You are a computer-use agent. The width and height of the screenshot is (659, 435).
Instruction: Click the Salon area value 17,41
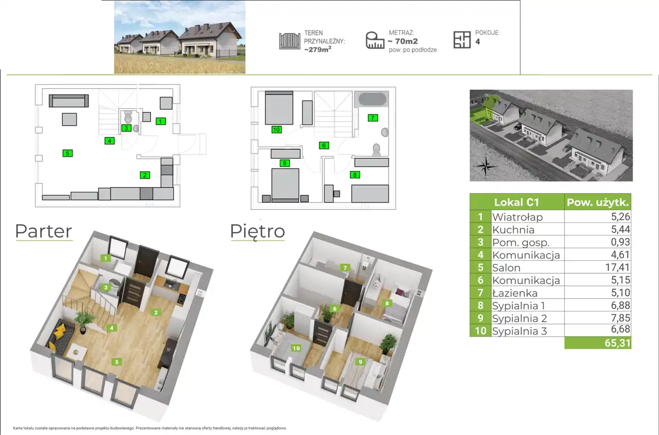click(617, 267)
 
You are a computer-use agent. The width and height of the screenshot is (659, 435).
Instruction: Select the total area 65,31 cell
click(598, 343)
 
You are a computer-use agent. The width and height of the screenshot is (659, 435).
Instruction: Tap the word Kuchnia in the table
click(513, 230)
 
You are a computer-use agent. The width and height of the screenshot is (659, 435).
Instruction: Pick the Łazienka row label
click(515, 293)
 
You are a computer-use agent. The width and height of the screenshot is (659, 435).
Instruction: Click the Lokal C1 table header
click(516, 202)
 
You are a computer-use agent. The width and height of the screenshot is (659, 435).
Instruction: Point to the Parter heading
click(44, 231)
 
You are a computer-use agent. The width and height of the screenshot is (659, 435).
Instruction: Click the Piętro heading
click(257, 232)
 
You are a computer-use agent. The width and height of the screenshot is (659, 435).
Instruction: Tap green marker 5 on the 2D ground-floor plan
click(67, 153)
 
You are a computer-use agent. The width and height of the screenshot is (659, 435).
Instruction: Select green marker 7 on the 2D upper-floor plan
click(373, 118)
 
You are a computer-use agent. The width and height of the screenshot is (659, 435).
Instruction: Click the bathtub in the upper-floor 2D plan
click(372, 99)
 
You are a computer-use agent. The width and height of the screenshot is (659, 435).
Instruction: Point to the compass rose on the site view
click(485, 166)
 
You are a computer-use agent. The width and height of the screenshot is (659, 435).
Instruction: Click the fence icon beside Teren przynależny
click(289, 41)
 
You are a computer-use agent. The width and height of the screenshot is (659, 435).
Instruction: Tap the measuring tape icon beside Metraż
click(375, 40)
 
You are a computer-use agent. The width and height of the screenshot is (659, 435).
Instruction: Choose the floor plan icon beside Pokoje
click(462, 40)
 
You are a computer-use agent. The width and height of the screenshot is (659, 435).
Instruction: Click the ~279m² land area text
click(318, 49)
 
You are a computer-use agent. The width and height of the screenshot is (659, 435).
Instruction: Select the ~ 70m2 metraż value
click(403, 41)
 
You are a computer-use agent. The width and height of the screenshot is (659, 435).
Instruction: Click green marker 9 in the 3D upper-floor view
click(360, 362)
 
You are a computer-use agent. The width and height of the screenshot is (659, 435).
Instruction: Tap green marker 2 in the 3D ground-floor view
click(155, 312)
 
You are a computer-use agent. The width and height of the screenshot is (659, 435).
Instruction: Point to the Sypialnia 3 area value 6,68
click(620, 329)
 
